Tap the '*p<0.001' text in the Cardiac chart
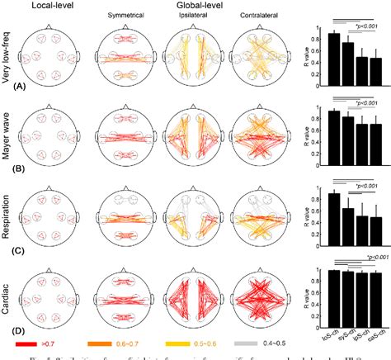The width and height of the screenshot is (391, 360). (x=369, y=258)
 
